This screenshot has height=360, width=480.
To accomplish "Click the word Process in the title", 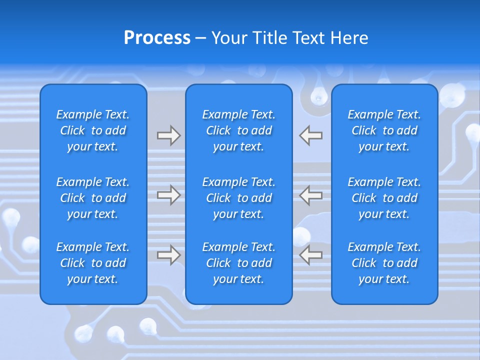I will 157,38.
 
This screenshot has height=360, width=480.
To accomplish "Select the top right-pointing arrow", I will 168,135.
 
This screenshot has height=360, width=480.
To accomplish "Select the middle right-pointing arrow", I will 168,195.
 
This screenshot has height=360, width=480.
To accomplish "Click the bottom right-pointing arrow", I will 168,255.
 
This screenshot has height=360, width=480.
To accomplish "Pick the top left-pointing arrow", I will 311,135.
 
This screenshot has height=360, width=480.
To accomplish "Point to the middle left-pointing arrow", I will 311,195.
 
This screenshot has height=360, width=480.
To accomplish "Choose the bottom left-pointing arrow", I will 311,255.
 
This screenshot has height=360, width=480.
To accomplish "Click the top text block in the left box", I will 93,130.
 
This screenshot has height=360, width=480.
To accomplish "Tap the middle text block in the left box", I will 93,198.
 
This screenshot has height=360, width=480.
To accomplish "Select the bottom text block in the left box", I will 93,263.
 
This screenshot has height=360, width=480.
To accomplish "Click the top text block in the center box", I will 239,130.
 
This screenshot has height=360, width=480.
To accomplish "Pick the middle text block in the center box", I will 239,198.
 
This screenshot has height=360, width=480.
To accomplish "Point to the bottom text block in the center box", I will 239,263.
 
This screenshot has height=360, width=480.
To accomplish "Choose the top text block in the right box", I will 384,130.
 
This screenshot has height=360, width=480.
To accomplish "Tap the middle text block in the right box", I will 384,198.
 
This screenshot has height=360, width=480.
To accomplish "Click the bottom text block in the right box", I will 384,263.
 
